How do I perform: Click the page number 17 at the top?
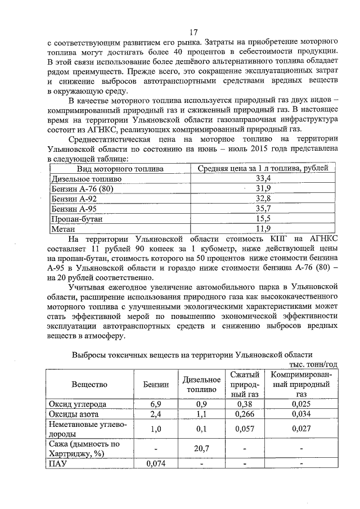tap(193, 32)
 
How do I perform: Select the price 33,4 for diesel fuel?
tap(263, 178)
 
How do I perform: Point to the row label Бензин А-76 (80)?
tap(82, 188)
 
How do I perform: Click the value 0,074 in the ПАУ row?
tap(156, 464)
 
